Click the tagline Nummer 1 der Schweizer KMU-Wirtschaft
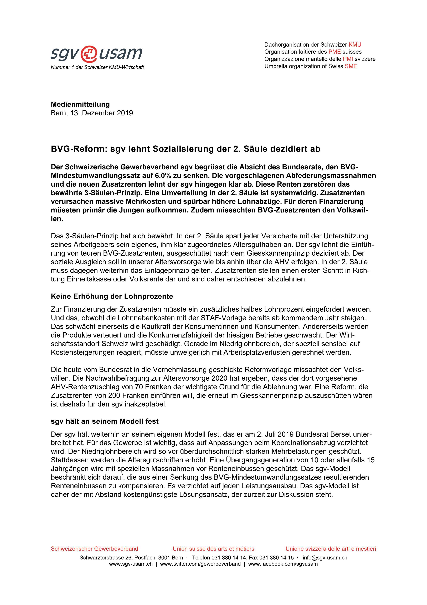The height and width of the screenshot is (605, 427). click(97, 67)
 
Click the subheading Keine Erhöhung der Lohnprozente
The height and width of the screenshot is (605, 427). click(112, 296)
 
